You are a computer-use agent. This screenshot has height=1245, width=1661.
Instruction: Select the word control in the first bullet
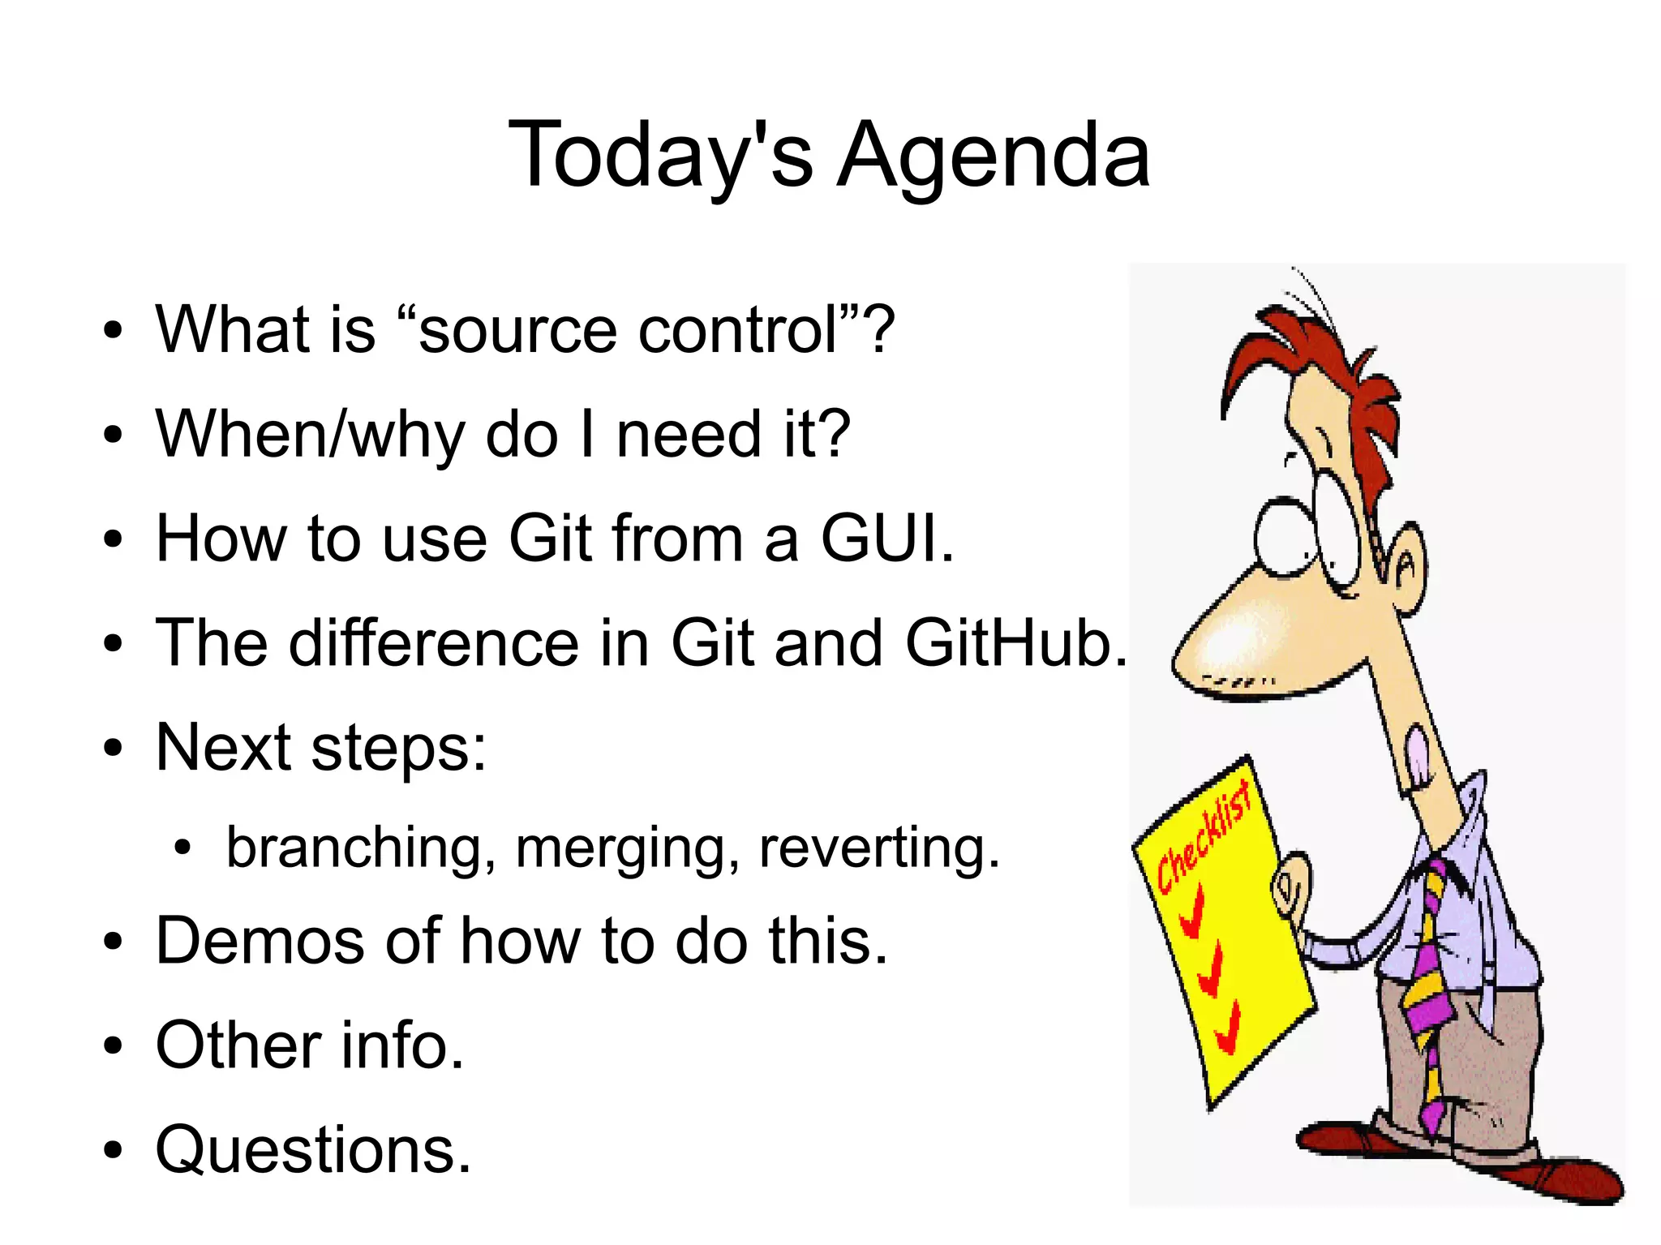tap(738, 331)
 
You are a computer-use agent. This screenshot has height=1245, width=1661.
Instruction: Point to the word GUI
tap(886, 539)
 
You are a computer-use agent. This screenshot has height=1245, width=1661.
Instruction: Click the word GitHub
tap(1015, 643)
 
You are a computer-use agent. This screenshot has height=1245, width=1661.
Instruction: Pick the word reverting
tap(878, 848)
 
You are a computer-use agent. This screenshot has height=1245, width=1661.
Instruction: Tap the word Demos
tap(260, 941)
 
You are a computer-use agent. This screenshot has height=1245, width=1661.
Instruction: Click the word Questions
tap(313, 1150)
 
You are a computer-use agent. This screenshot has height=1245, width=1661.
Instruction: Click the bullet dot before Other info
tap(114, 1046)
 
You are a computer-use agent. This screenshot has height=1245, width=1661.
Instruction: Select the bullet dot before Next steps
tap(114, 748)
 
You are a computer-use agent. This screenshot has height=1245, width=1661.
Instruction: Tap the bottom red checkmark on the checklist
tap(1228, 1028)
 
